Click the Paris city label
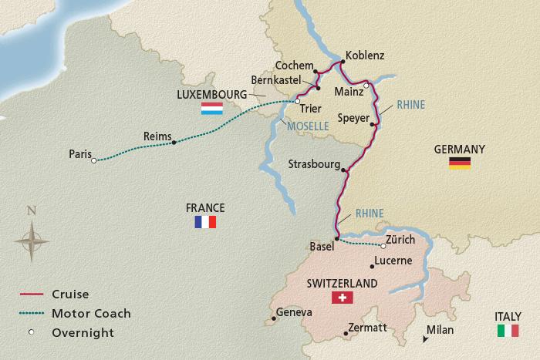point(79,153)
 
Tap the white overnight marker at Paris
point(93,160)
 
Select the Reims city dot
point(174,142)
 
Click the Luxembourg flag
point(212,109)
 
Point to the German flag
point(459,163)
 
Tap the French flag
point(205,222)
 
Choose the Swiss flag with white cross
point(340,298)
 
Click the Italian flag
point(508,330)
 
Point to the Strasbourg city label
point(314,164)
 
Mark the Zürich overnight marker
point(383,246)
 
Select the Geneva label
point(295,312)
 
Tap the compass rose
point(32,240)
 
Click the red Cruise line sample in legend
point(31,294)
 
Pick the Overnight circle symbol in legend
point(31,333)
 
